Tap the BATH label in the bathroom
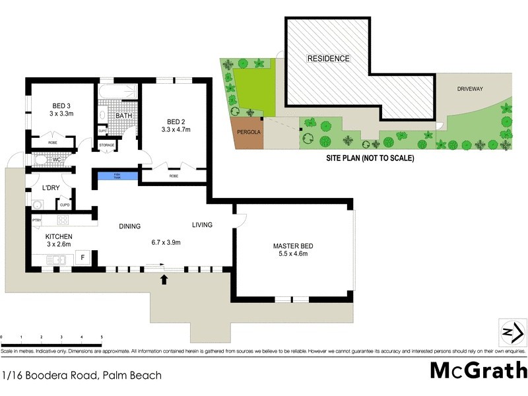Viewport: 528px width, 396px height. pyautogui.click(x=123, y=116)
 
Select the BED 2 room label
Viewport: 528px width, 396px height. pyautogui.click(x=175, y=121)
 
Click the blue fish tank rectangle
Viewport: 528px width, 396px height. pyautogui.click(x=118, y=176)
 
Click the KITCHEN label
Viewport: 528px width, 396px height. pyautogui.click(x=58, y=237)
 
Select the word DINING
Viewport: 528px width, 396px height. pyautogui.click(x=130, y=226)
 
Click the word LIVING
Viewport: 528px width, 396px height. pyautogui.click(x=202, y=225)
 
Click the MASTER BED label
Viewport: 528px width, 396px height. pyautogui.click(x=293, y=247)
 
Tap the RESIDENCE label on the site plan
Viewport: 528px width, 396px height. pyautogui.click(x=328, y=59)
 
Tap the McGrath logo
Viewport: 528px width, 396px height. pyautogui.click(x=478, y=370)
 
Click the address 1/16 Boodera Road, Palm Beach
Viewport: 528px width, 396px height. pyautogui.click(x=81, y=375)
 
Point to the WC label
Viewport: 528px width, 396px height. pyautogui.click(x=57, y=159)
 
